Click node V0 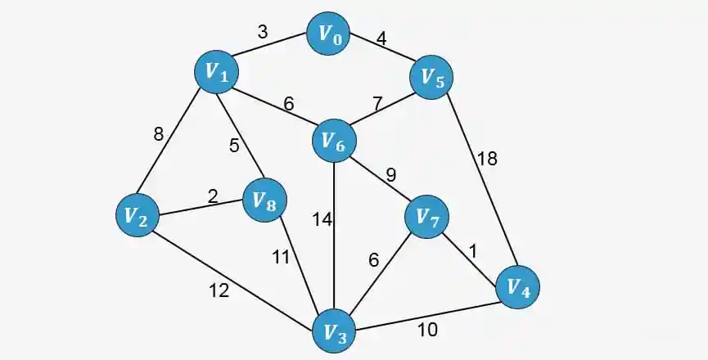click(x=329, y=34)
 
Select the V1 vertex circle click(x=216, y=73)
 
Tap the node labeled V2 click(x=136, y=216)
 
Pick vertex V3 click(x=334, y=333)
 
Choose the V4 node click(x=518, y=287)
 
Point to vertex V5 click(x=431, y=78)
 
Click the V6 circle click(x=334, y=142)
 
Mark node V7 click(x=427, y=217)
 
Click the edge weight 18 click(x=487, y=159)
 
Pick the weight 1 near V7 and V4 click(x=471, y=252)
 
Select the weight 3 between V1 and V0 click(x=263, y=32)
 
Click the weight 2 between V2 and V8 click(x=212, y=196)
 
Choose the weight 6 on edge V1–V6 click(x=287, y=104)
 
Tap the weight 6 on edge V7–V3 click(x=373, y=260)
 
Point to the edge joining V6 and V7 click(x=381, y=179)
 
